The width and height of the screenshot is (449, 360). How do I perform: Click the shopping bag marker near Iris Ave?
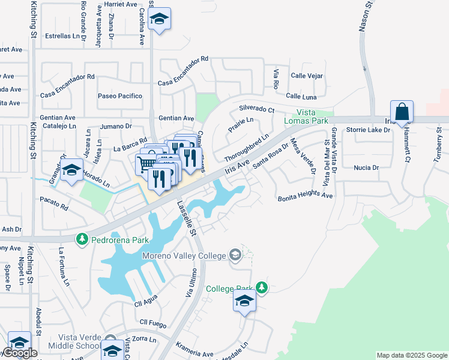402,112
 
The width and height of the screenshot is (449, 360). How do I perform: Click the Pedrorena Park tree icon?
82,239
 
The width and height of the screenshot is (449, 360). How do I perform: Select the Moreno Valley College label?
184,256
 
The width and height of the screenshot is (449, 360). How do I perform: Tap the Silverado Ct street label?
256,110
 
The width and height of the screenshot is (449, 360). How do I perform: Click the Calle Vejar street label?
307,76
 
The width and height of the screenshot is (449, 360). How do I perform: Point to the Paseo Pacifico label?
120,96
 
